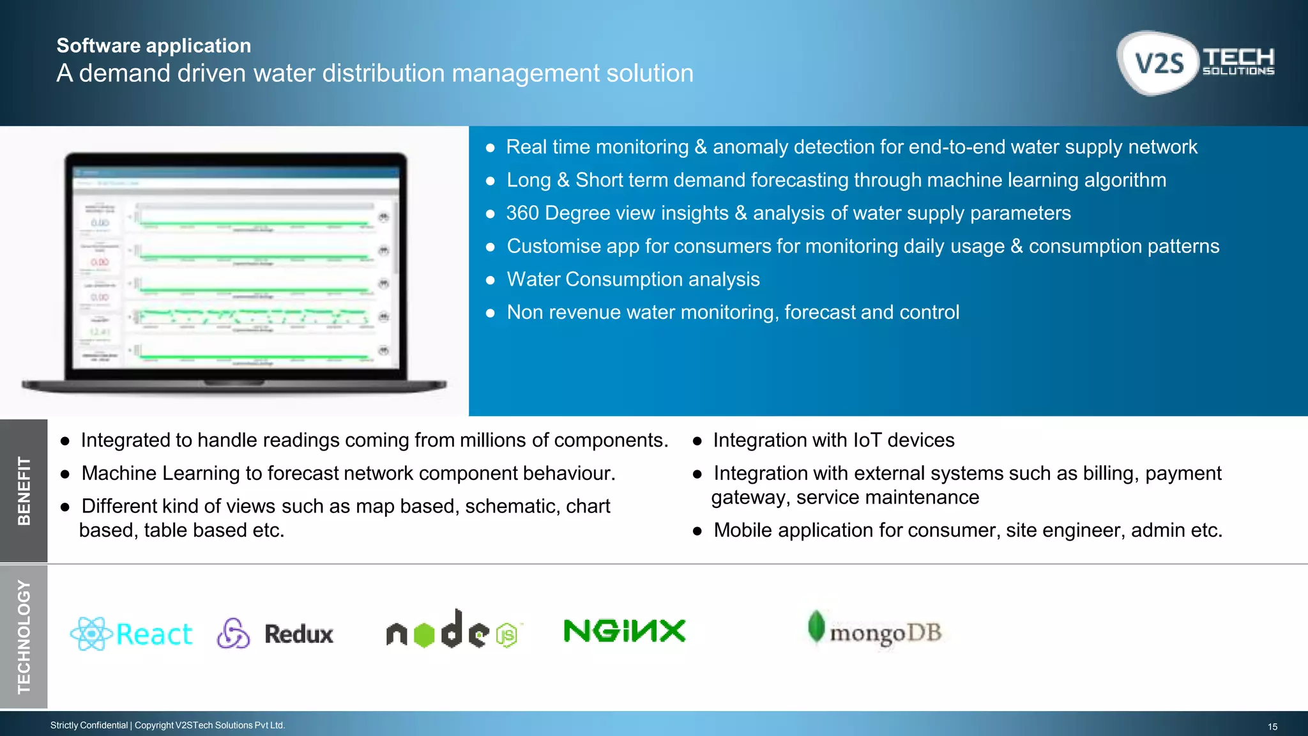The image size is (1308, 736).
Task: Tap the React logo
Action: coord(132,634)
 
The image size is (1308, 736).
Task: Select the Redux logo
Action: coord(275,634)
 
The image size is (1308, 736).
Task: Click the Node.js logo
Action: coord(453,630)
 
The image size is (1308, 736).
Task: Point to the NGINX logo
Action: coord(625,631)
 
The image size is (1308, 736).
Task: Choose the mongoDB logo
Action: coord(875,631)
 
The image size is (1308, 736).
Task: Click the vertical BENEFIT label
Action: coord(24,491)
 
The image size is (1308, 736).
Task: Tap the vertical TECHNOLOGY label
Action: coord(24,636)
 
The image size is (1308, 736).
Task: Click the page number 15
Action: coord(1272,726)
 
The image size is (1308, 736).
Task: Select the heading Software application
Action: coord(154,45)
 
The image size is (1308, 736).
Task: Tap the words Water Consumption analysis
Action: coord(633,279)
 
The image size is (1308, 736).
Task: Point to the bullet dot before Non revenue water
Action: coord(490,313)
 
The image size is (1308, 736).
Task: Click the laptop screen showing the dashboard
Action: coord(235,268)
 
